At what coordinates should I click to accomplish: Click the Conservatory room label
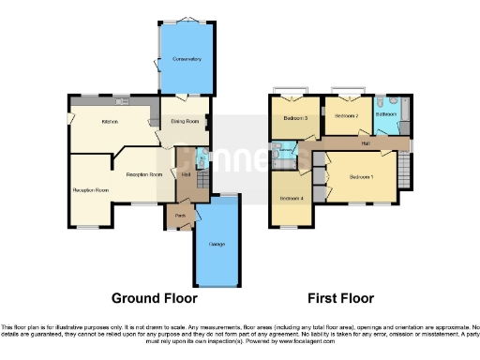pos(186,59)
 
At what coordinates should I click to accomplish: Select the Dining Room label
pos(183,120)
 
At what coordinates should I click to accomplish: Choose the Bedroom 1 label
pos(361,176)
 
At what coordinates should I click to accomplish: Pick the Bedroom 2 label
pos(347,116)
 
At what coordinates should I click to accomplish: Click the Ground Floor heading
pos(155,299)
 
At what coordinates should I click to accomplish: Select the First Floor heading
pos(339,299)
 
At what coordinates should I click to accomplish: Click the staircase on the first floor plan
pos(401,171)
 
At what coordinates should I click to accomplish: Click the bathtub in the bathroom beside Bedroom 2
pos(404,114)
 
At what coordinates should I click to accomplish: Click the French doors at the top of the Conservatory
pos(186,20)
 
